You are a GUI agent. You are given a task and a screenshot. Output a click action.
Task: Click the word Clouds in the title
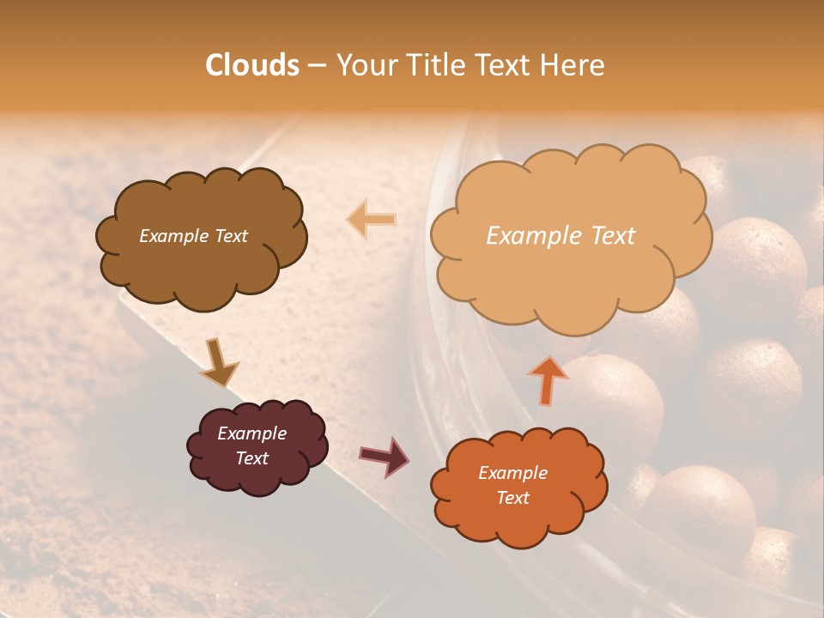252,65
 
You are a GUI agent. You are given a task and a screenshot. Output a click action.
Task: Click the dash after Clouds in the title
316,66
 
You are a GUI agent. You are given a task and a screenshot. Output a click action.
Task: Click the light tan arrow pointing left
371,220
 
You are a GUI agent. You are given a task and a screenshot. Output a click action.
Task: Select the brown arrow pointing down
218,362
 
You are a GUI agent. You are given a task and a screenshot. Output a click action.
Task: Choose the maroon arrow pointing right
384,456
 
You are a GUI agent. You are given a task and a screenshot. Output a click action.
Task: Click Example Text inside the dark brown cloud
193,236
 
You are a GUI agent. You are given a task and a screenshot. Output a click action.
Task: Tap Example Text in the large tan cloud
560,236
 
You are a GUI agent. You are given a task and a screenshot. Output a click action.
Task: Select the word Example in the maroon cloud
251,433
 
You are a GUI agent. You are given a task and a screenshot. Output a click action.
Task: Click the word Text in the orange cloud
512,498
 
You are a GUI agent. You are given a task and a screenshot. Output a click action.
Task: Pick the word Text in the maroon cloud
251,458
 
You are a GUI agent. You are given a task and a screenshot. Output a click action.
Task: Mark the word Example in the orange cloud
512,473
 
